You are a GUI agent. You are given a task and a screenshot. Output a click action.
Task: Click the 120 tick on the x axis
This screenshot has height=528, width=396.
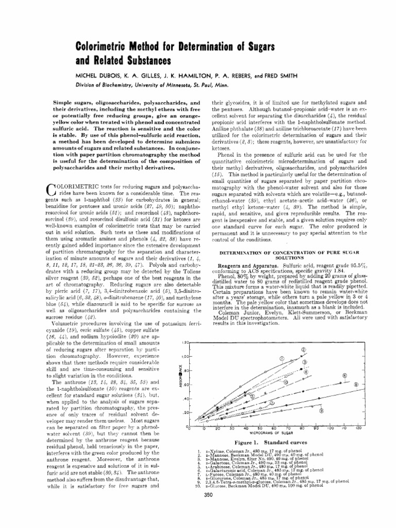[358, 429]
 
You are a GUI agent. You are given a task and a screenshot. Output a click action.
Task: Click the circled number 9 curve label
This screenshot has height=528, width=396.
[321, 410]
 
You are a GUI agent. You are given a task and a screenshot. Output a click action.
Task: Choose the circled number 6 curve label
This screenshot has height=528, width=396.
[343, 376]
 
